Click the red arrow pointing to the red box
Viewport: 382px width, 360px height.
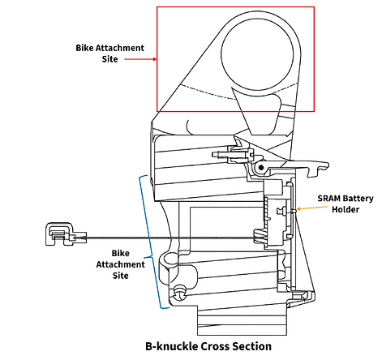(x=140, y=59)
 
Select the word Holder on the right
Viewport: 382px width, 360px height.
(x=346, y=209)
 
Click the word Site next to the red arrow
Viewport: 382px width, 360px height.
(x=109, y=59)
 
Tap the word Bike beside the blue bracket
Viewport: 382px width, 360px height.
(x=121, y=253)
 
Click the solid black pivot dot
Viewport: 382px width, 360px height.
(x=261, y=168)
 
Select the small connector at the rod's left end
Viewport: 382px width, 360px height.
(x=66, y=234)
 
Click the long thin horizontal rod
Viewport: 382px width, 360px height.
(x=170, y=238)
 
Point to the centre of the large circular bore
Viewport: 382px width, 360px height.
(x=257, y=54)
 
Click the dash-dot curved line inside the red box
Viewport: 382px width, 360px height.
(x=238, y=95)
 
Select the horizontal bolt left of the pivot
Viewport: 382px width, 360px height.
(x=232, y=155)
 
